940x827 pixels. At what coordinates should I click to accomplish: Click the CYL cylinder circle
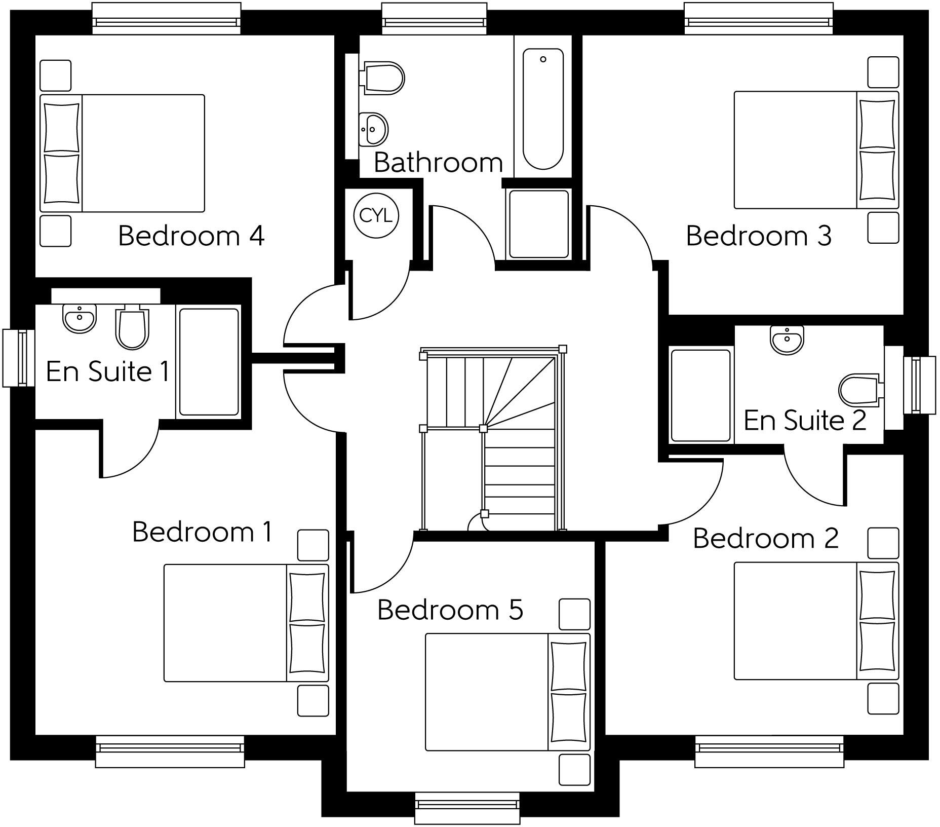(x=376, y=216)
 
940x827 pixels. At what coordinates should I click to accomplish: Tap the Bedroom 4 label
(x=191, y=236)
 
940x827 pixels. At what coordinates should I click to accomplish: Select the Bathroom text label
(x=438, y=163)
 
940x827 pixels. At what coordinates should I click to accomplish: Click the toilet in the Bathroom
(x=383, y=78)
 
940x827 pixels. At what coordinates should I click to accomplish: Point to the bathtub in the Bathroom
(x=543, y=108)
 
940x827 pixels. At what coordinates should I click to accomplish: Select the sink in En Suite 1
(x=80, y=318)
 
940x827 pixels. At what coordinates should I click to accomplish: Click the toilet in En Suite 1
(x=132, y=328)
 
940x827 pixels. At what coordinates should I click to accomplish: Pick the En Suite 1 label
(x=108, y=371)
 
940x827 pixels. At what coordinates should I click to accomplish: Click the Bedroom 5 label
(x=450, y=610)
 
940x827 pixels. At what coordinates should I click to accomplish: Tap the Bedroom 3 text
(x=759, y=236)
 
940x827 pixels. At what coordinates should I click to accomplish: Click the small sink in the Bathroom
(x=374, y=129)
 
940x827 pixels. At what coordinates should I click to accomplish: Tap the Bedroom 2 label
(x=765, y=538)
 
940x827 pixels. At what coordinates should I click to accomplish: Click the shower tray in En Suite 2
(x=701, y=395)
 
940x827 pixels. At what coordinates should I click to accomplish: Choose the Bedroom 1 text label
(x=202, y=532)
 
